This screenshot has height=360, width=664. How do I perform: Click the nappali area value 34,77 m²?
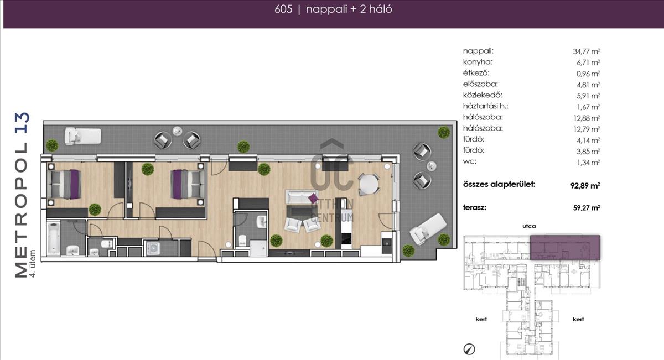pyautogui.click(x=587, y=51)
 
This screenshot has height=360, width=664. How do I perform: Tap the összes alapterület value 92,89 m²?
pyautogui.click(x=585, y=185)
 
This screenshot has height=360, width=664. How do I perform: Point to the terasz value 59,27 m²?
pyautogui.click(x=587, y=208)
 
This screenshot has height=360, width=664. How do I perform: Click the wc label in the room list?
pyautogui.click(x=470, y=162)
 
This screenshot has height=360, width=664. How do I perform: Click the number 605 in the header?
pyautogui.click(x=283, y=9)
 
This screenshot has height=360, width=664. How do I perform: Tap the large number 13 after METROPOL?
pyautogui.click(x=23, y=122)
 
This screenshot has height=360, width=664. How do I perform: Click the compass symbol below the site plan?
pyautogui.click(x=469, y=349)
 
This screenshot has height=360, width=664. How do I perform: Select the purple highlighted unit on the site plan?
pyautogui.click(x=566, y=248)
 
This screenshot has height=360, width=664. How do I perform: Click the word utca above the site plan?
pyautogui.click(x=529, y=226)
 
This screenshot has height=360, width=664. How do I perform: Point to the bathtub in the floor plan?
pyautogui.click(x=54, y=238)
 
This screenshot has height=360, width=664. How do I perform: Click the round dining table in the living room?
pyautogui.click(x=369, y=184)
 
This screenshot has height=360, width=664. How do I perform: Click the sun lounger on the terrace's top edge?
pyautogui.click(x=83, y=135)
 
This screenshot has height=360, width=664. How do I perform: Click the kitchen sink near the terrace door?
pyautogui.click(x=386, y=242)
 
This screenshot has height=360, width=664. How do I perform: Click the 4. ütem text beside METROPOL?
pyautogui.click(x=32, y=263)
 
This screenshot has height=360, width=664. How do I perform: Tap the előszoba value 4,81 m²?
pyautogui.click(x=588, y=85)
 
